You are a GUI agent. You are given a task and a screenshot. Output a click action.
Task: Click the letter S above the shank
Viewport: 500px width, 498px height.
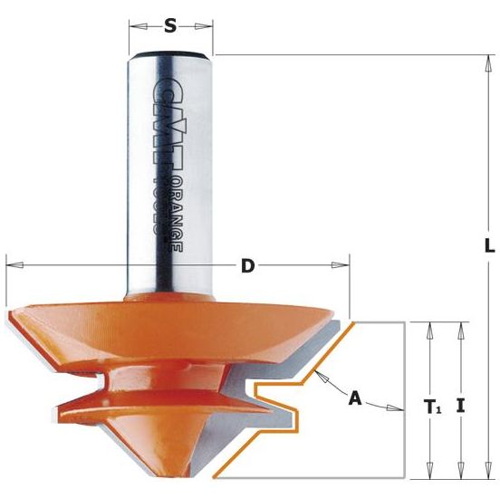click(170, 26)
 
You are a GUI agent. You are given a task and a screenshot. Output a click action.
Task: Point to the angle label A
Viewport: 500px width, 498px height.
click(355, 397)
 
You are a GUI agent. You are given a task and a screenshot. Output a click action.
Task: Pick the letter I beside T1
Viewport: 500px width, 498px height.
click(462, 406)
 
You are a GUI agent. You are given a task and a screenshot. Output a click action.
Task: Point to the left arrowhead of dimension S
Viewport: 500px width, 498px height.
click(133, 26)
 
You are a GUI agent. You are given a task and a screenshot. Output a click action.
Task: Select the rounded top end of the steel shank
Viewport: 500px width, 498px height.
click(170, 56)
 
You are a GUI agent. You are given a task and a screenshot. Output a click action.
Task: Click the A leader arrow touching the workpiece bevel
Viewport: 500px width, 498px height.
click(321, 374)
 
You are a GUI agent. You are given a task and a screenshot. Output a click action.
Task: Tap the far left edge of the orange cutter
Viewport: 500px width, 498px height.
click(8, 317)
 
